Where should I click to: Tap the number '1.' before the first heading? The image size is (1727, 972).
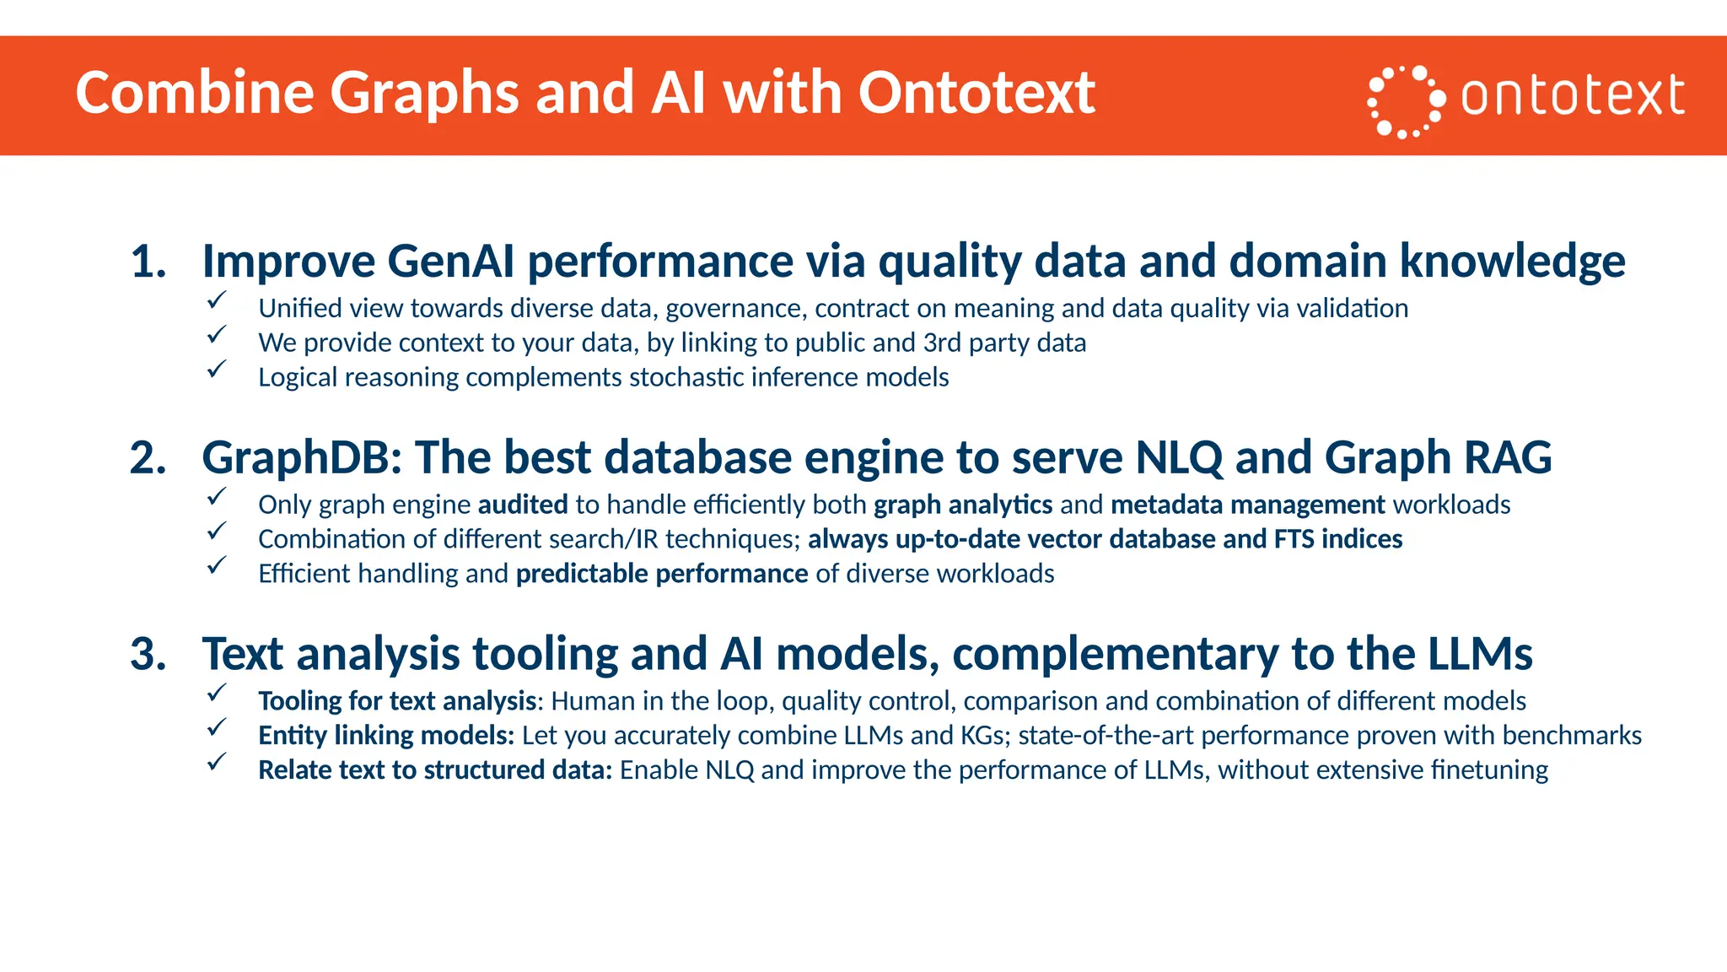148,262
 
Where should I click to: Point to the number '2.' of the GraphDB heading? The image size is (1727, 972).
148,458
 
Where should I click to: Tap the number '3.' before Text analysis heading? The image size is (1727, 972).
148,655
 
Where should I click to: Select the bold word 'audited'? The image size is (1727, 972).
523,505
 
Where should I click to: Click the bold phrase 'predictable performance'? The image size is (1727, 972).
662,574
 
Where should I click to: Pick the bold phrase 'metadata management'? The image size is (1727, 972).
1248,505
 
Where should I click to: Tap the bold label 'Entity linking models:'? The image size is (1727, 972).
386,736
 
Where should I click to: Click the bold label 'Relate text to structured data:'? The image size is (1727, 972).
435,770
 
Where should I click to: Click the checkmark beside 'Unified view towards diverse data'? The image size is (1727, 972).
217,300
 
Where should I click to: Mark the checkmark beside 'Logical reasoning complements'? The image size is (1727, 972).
217,369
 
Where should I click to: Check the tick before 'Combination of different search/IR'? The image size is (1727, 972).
217,531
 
